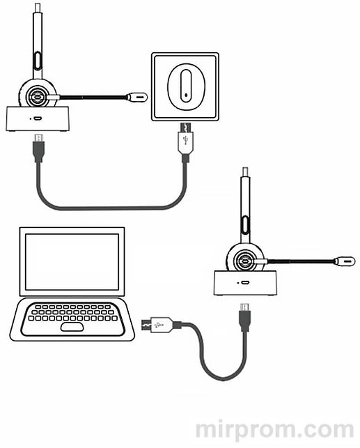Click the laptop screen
point(72,262)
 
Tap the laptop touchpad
point(72,327)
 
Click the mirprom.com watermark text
point(275,431)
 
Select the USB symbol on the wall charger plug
point(186,140)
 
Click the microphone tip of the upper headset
point(137,97)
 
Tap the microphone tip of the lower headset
point(345,261)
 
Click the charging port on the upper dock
point(38,118)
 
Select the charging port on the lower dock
point(246,283)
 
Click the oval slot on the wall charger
point(185,85)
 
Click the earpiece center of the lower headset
point(245,261)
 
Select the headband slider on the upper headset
point(38,61)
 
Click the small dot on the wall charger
point(186,95)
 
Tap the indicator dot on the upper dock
point(31,118)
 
